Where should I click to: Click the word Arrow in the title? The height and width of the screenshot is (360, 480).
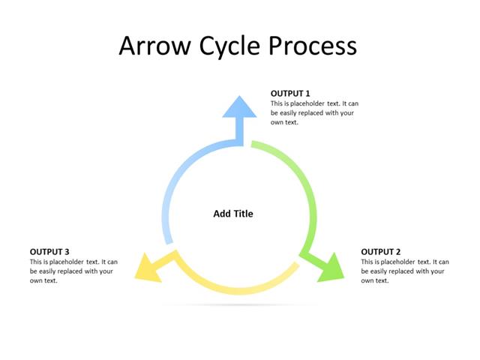click(154, 46)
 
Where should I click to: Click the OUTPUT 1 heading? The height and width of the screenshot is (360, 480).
click(290, 94)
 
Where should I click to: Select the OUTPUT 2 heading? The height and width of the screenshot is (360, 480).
click(381, 251)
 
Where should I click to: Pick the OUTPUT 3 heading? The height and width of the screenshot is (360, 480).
click(49, 251)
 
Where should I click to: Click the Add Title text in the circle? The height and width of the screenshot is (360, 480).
click(233, 214)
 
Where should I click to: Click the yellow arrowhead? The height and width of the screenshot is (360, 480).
click(148, 268)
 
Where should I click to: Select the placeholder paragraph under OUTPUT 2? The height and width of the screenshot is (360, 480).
click(405, 271)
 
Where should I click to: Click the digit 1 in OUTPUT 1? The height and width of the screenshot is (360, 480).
click(307, 94)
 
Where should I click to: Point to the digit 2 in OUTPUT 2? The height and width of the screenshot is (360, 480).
click(398, 251)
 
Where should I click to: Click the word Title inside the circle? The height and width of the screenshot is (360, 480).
click(243, 214)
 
